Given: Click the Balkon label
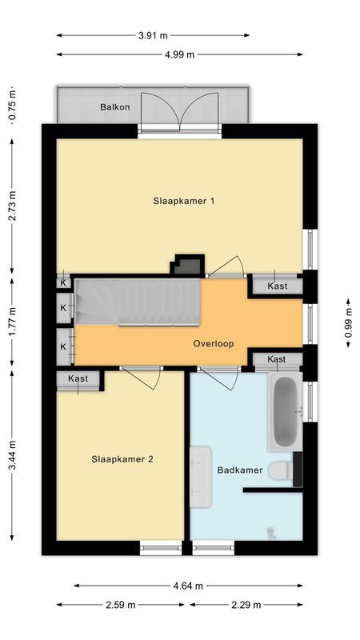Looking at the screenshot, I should point(115,106).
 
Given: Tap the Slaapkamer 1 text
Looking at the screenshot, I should point(184,202).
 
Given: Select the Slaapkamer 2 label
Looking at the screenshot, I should point(122,459).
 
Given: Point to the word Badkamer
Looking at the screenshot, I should point(240,470).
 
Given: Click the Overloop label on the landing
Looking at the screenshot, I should point(214,343).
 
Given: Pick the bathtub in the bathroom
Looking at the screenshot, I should point(284,412).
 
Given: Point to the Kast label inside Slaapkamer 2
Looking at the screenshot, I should point(78,378).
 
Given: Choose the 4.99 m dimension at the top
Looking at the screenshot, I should point(180,54).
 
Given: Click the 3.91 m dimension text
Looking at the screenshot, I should point(153,35).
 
